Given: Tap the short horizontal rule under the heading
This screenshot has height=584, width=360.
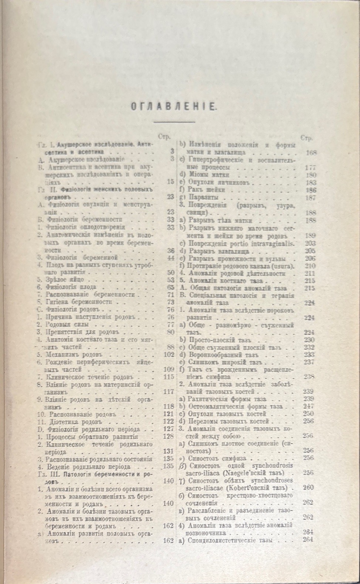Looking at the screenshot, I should pyautogui.click(x=174, y=122).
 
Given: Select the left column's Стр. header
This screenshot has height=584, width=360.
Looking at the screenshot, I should pyautogui.click(x=164, y=136).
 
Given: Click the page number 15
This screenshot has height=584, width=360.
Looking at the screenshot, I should pyautogui.click(x=170, y=182).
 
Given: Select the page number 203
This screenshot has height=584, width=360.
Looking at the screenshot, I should pyautogui.click(x=310, y=243).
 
